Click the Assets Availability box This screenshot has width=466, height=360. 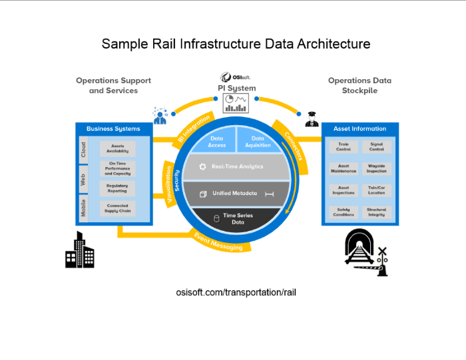coord(117,148)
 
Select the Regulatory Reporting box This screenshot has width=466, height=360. coord(117,188)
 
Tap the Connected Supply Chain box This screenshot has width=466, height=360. coord(117,208)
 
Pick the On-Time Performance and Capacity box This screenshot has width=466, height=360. coord(117,168)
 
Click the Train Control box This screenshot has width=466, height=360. coord(344,146)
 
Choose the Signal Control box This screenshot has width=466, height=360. coord(376,146)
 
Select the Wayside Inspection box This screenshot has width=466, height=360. coord(376,168)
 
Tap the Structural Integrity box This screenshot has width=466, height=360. coord(376,212)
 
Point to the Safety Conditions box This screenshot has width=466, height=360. coord(344,212)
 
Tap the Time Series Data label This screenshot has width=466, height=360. coord(238,218)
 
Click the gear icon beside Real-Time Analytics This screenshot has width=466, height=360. coord(202,166)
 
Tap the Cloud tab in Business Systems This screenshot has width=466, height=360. coord(83,149)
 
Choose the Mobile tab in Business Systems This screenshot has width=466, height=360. coord(83,209)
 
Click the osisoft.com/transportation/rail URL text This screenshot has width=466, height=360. coord(233,293)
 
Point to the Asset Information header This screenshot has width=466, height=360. coord(359,128)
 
